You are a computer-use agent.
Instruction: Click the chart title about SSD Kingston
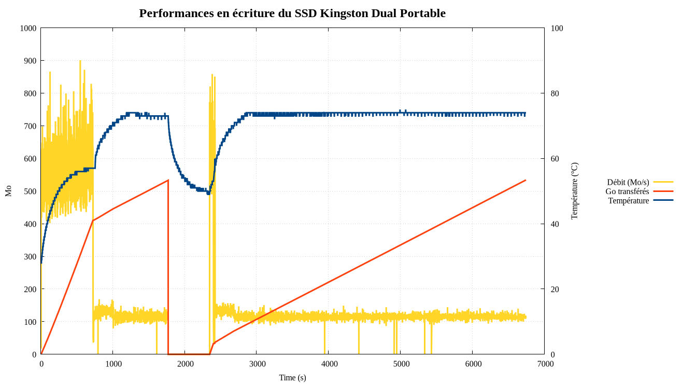(292, 13)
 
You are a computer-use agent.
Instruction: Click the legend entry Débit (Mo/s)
(628, 182)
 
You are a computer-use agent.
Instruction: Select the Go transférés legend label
(627, 191)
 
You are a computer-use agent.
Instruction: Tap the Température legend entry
(628, 201)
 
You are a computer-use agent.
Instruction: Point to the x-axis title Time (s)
(292, 378)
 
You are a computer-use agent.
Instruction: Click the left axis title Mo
(8, 191)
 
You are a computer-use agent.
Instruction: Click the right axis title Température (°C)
(574, 191)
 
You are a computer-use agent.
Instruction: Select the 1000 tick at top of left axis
(28, 28)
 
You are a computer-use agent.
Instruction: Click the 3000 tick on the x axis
(257, 364)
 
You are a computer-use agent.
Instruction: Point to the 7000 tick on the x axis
(545, 364)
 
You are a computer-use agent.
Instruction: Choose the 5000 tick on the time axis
(401, 364)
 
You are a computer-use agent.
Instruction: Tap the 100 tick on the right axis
(557, 28)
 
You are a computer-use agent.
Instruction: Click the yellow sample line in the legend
(663, 182)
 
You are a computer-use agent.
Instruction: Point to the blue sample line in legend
(663, 200)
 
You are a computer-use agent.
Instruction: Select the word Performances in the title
(176, 13)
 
